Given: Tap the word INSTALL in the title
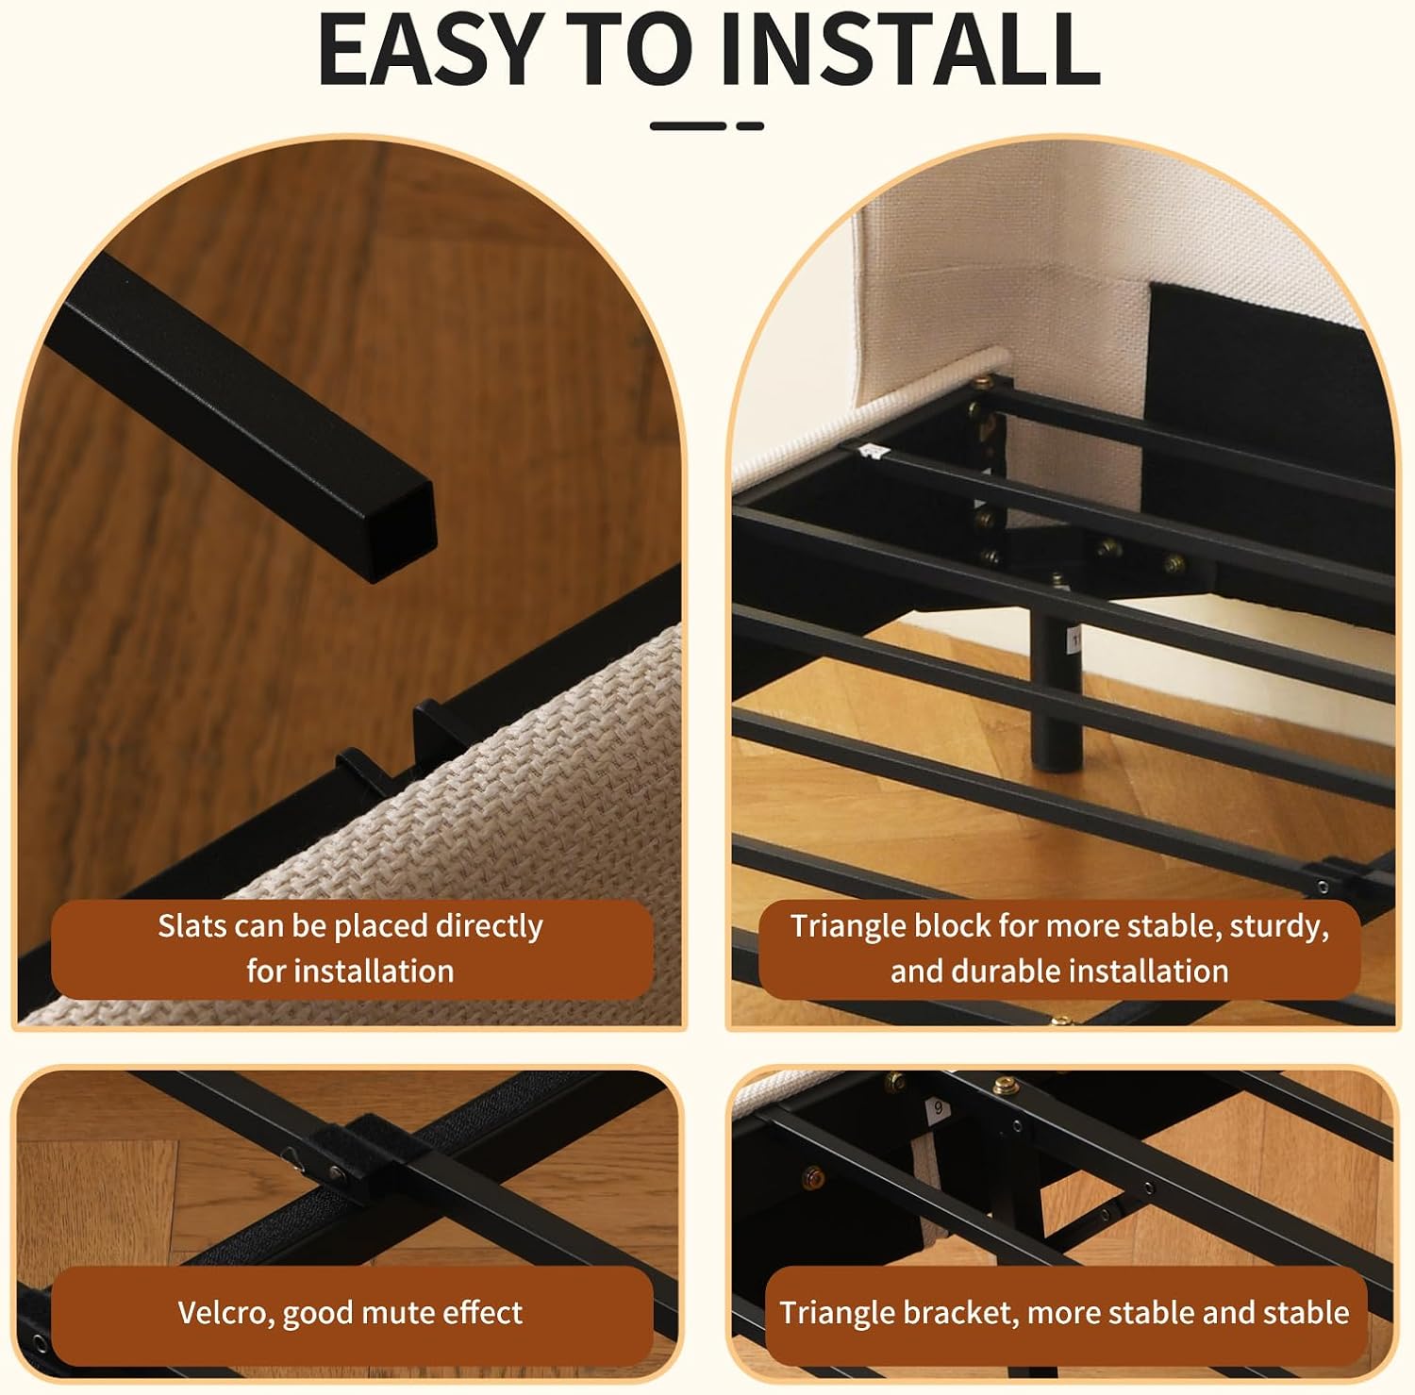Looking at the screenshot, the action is coord(909,49).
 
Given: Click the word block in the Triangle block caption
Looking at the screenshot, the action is coord(952,926).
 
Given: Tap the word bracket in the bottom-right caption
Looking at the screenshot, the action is coord(957,1312).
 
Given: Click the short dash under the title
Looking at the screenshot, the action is coord(750,125).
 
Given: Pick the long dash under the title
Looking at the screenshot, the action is coord(688,125).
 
